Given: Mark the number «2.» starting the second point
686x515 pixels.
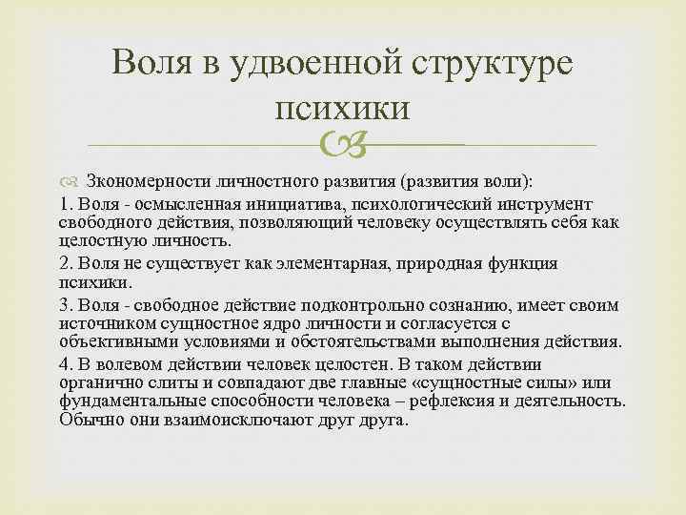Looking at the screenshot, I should (67, 263).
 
